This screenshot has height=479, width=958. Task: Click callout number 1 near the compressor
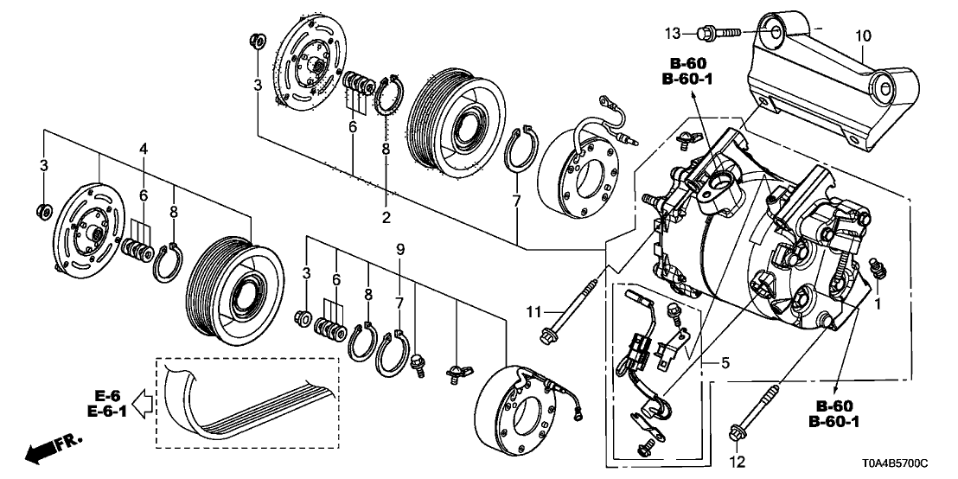coord(879,303)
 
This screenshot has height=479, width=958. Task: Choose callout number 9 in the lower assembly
coord(400,250)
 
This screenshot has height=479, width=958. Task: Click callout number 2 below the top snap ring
coord(386,216)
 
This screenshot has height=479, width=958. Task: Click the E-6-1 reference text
coord(110,412)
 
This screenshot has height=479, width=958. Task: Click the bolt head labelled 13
coord(704,33)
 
